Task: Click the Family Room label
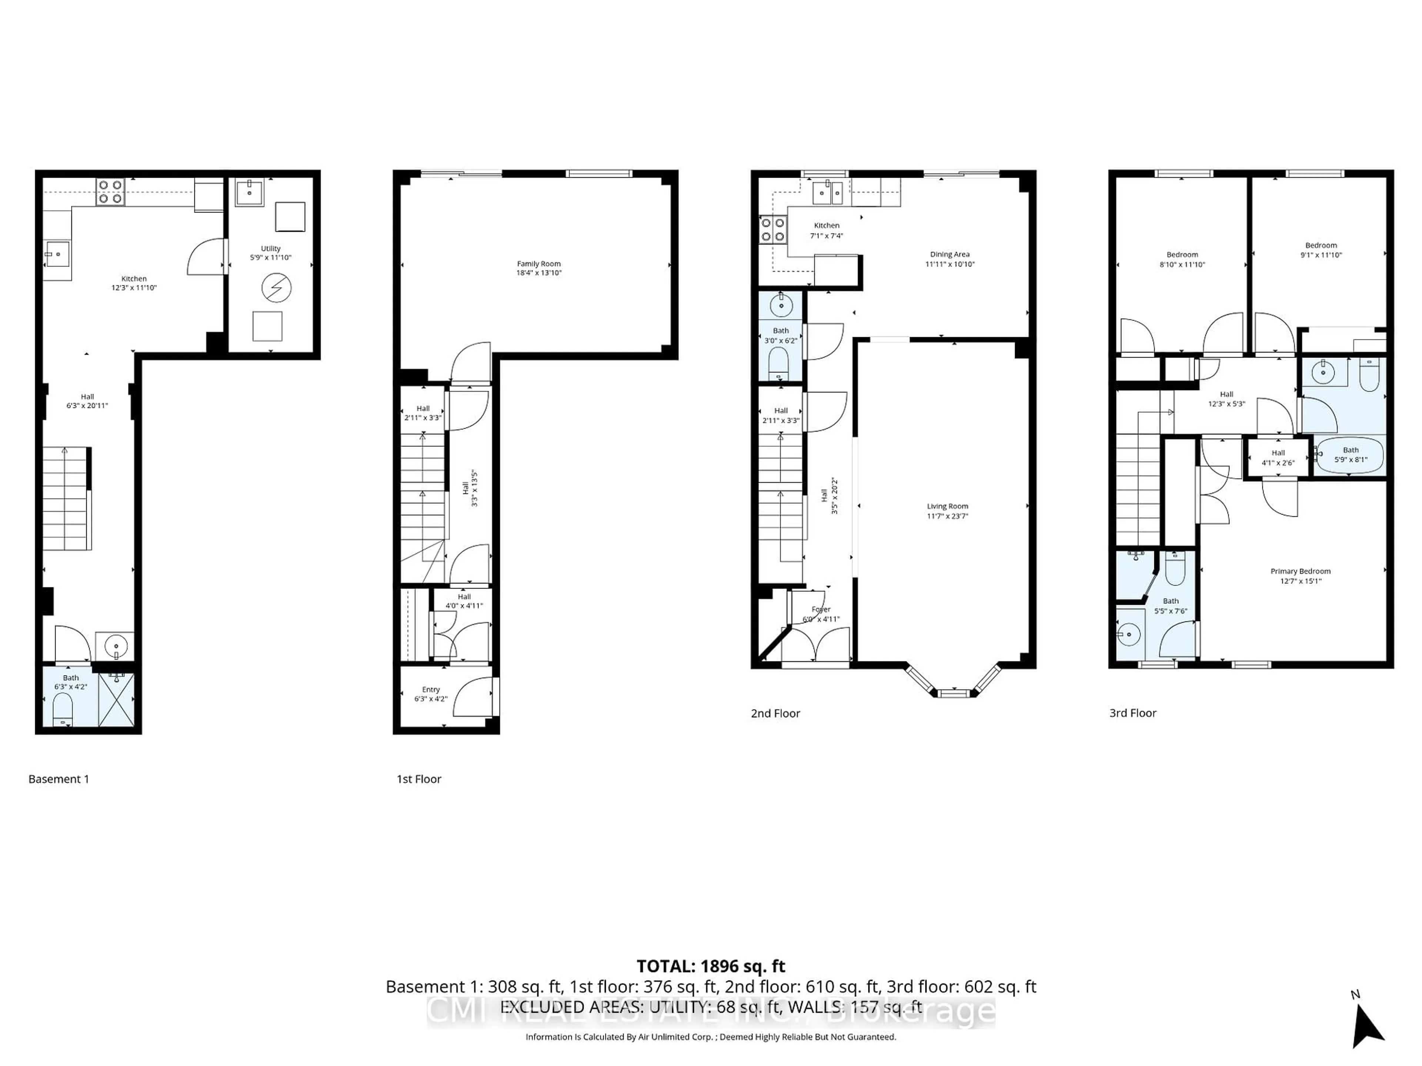539,264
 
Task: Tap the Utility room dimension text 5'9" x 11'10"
271,258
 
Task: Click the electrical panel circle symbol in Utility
276,288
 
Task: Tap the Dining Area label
949,254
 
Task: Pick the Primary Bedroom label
1300,571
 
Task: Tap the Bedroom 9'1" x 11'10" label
1321,245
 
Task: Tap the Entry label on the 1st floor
431,690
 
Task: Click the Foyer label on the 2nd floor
821,609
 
